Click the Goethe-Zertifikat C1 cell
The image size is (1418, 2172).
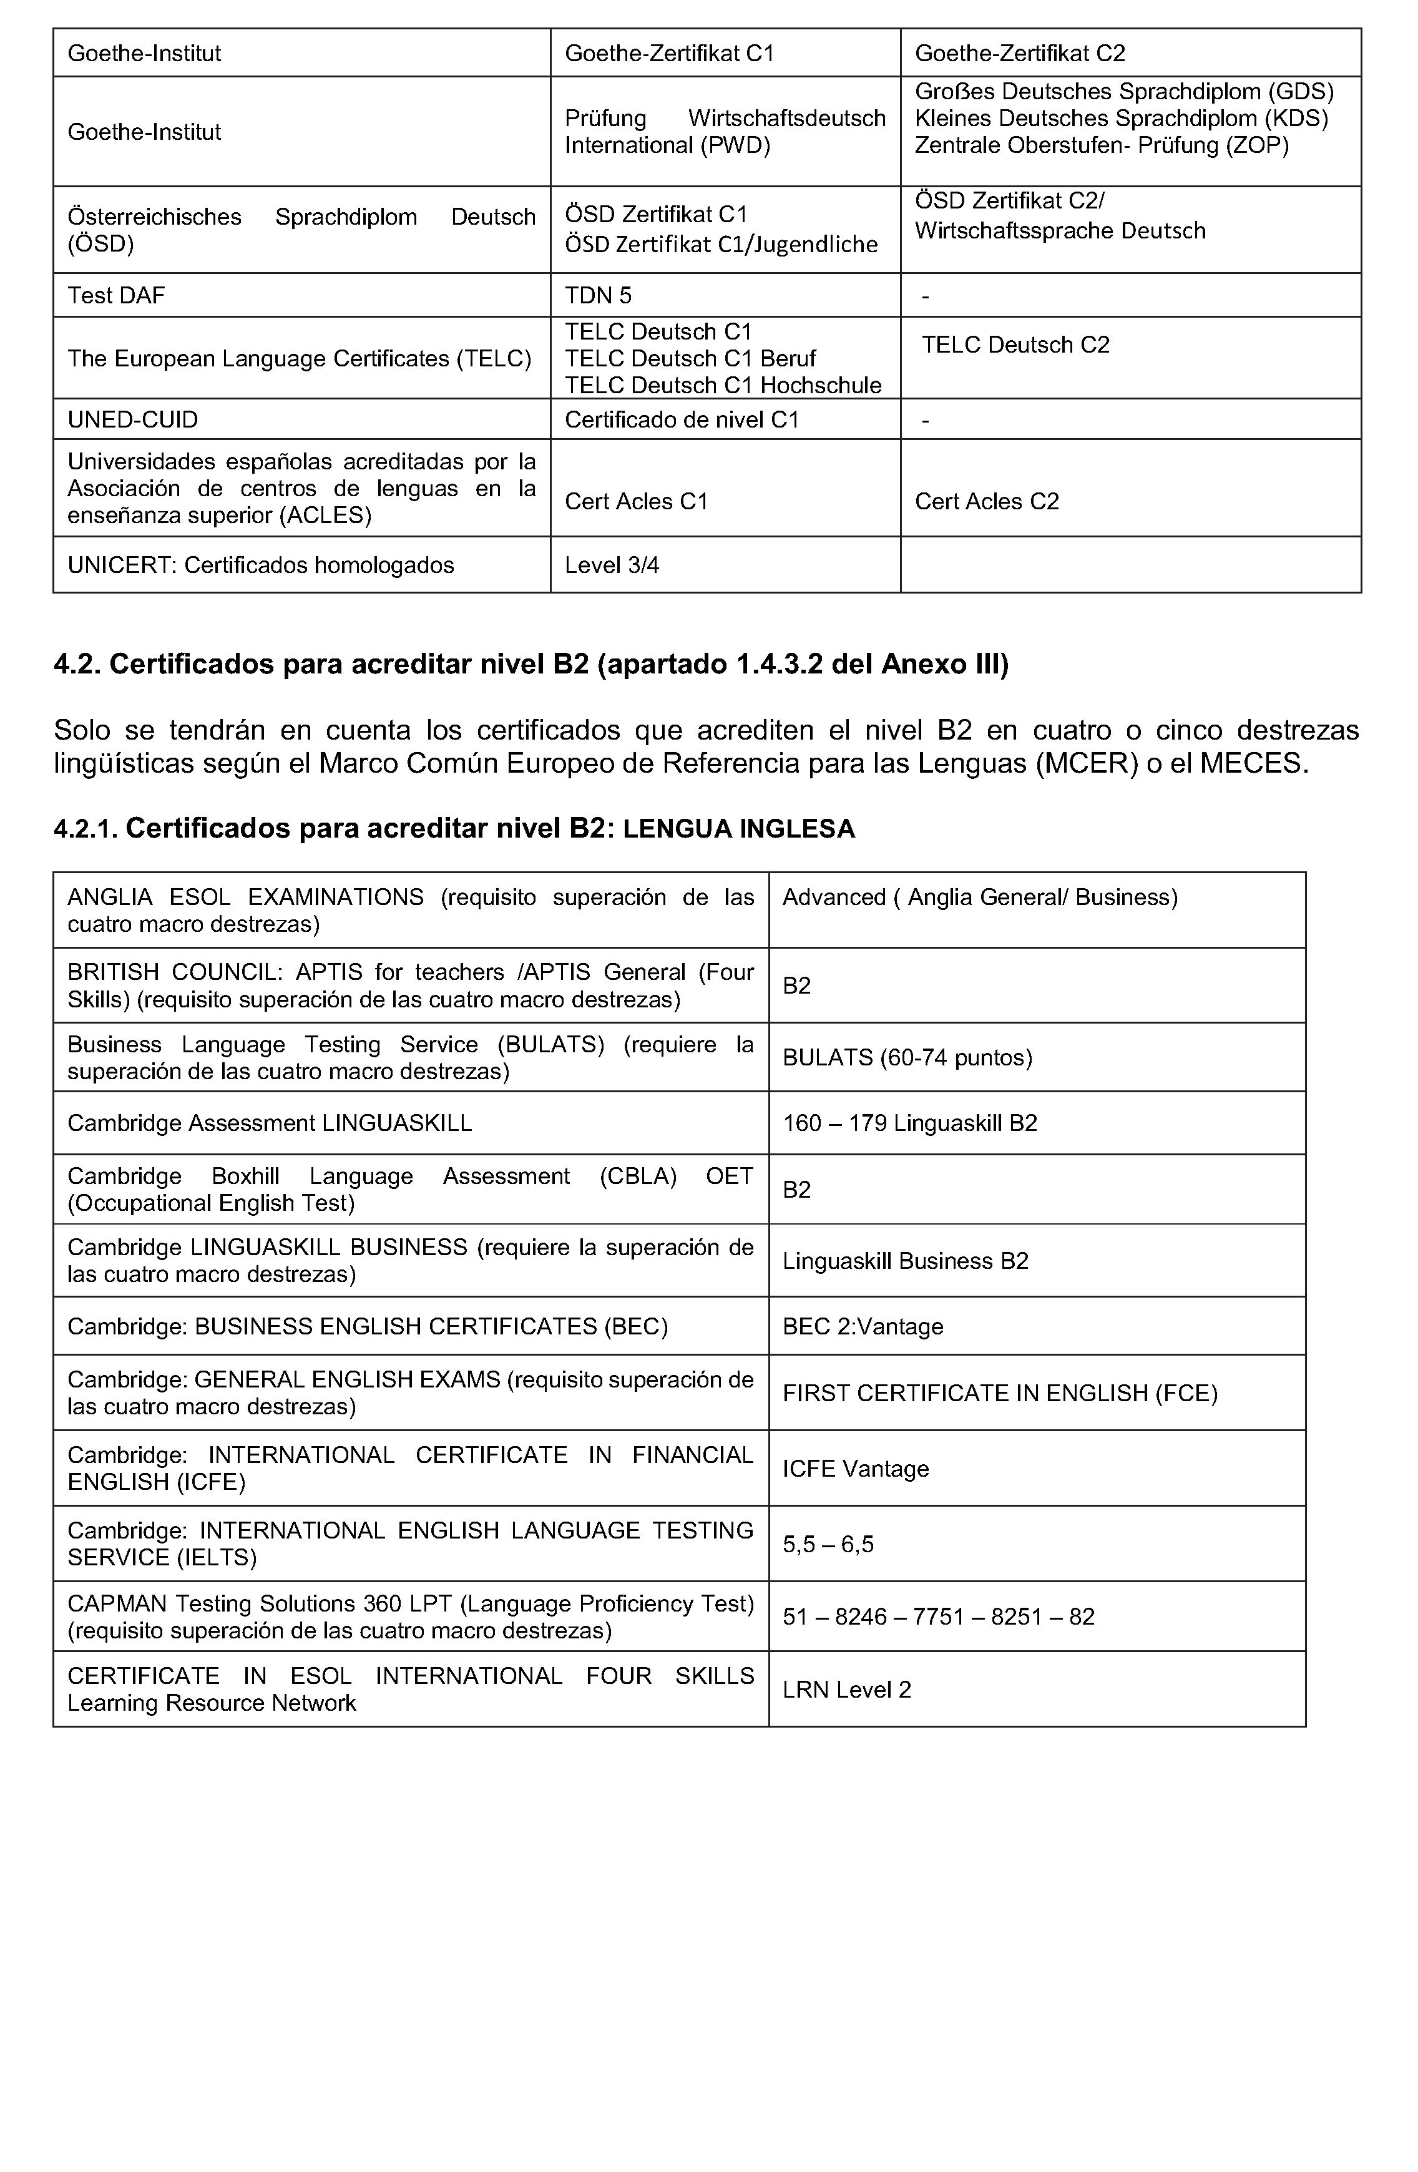pos(669,54)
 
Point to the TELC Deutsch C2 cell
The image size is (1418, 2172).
pos(1015,345)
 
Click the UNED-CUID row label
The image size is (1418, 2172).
pos(132,420)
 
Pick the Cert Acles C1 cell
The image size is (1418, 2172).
pos(636,501)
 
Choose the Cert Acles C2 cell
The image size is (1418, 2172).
pos(986,501)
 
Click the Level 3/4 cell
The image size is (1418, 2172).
pos(612,565)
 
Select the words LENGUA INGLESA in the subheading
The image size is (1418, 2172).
pos(738,829)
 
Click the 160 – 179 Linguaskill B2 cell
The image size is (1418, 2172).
pos(910,1122)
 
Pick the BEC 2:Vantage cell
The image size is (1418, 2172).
pos(863,1326)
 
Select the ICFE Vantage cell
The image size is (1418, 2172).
pos(855,1469)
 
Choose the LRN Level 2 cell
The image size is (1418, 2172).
pos(847,1690)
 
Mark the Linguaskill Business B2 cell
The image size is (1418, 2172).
pos(905,1260)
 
